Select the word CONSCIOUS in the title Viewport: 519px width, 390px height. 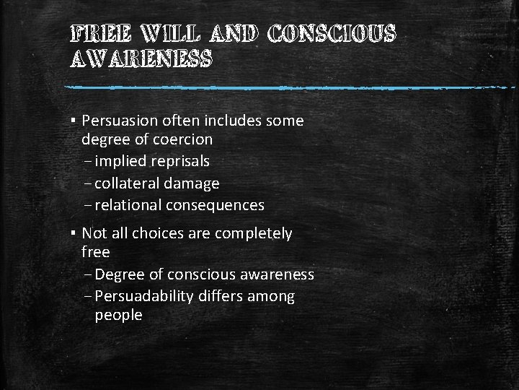click(x=332, y=33)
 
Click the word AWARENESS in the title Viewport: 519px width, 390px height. click(x=141, y=59)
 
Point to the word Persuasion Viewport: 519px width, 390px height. click(x=120, y=121)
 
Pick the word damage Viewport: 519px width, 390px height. click(x=193, y=184)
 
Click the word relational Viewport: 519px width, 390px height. click(x=128, y=205)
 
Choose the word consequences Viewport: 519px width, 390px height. click(x=215, y=205)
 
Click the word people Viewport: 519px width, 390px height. click(x=118, y=316)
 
